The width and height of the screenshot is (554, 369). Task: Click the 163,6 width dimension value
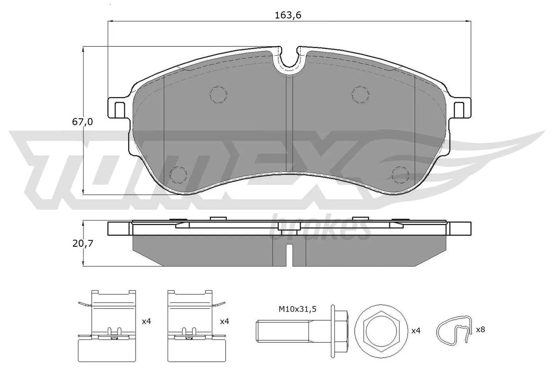coord(288,16)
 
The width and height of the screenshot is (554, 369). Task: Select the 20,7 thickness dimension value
coord(83,243)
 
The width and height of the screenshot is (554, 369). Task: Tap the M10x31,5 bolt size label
coord(298,309)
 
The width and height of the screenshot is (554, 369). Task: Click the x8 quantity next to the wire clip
coord(480,330)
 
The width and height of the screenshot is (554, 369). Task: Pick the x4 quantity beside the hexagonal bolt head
coord(415,331)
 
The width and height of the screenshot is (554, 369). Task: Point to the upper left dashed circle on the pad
coord(218,94)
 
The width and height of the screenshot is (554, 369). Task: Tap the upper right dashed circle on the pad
coord(360,94)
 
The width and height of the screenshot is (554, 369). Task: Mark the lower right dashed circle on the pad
coord(400,174)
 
